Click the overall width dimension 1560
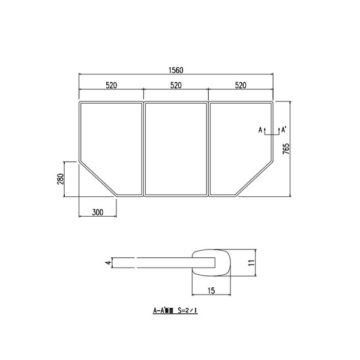pyautogui.click(x=176, y=70)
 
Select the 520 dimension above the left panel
pyautogui.click(x=111, y=86)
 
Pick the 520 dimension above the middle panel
pyautogui.click(x=176, y=86)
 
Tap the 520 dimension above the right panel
pyautogui.click(x=241, y=86)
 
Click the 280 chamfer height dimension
pyautogui.click(x=61, y=179)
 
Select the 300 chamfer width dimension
pyautogui.click(x=97, y=212)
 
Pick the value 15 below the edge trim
pyautogui.click(x=211, y=291)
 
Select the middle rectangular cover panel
pyautogui.click(x=176, y=148)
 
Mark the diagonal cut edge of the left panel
pyautogui.click(x=98, y=178)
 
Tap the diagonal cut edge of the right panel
pyautogui.click(x=254, y=178)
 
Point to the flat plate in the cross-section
pyautogui.click(x=156, y=262)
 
